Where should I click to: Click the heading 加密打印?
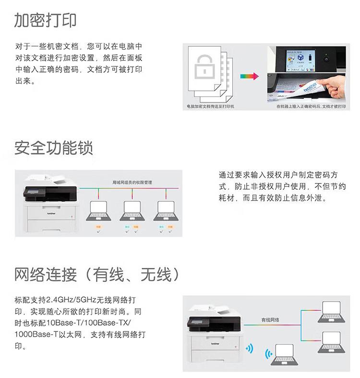45,20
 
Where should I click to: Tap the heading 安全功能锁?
53,147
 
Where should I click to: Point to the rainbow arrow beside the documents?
249,76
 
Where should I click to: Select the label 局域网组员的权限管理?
132,183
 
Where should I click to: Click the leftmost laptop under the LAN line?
98,210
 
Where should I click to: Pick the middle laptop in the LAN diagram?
132,210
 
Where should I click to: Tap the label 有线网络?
270,319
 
